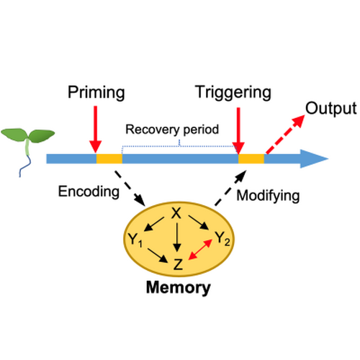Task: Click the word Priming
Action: pyautogui.click(x=96, y=92)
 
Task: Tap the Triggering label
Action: pyautogui.click(x=233, y=92)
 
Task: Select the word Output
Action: pyautogui.click(x=330, y=109)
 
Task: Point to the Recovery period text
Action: pyautogui.click(x=172, y=130)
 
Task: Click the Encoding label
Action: pyautogui.click(x=89, y=192)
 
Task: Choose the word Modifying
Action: pyautogui.click(x=268, y=196)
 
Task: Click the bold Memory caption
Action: pyautogui.click(x=179, y=287)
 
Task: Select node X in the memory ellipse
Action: pyautogui.click(x=176, y=213)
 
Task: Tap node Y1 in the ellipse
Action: pyautogui.click(x=135, y=240)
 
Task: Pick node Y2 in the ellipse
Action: pyautogui.click(x=222, y=238)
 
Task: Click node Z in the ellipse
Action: pyautogui.click(x=178, y=264)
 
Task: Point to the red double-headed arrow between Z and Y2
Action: pyautogui.click(x=200, y=250)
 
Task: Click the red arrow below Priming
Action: pyautogui.click(x=95, y=130)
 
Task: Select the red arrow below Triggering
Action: pyautogui.click(x=238, y=131)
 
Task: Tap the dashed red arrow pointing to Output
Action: pyautogui.click(x=285, y=135)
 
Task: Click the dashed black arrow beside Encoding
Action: pyautogui.click(x=130, y=189)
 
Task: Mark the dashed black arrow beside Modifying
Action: pyautogui.click(x=230, y=188)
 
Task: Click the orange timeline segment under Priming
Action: pyautogui.click(x=109, y=158)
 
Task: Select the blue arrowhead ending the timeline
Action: pyautogui.click(x=315, y=158)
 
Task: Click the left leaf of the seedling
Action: pyautogui.click(x=14, y=134)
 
